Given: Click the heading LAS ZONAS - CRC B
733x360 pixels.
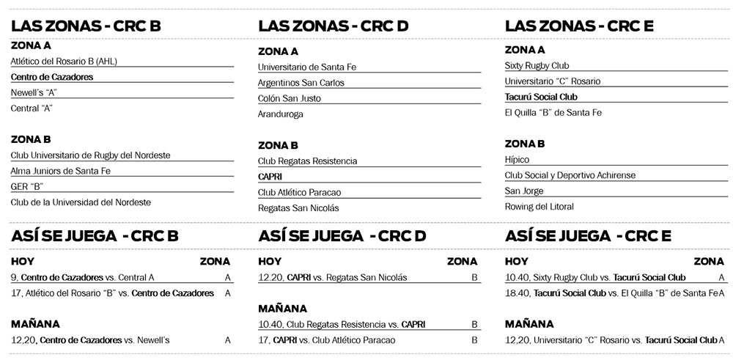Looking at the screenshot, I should point(86,26).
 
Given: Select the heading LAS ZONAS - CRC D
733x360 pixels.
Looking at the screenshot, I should point(333,26).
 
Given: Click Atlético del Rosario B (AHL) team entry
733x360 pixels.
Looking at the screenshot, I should point(64,61).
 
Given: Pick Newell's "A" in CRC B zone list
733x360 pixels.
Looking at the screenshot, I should point(34,92).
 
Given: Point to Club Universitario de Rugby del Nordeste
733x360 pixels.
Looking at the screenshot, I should point(90,155).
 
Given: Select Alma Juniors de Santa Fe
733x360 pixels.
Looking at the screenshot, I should point(60,171).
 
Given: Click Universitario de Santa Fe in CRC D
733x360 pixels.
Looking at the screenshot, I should point(307,67).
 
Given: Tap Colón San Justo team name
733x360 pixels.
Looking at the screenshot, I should point(290,98).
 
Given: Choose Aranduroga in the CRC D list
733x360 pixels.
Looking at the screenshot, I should point(281,114).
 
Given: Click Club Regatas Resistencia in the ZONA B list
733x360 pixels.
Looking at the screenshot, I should point(308,161).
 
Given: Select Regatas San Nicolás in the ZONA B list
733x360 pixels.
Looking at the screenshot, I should point(298,207).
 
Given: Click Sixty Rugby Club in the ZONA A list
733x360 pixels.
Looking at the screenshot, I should point(537,65).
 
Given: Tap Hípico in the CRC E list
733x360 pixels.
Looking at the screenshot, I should point(517,159).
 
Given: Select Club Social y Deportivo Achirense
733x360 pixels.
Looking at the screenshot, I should point(570,175).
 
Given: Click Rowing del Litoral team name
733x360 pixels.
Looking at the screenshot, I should point(539,207).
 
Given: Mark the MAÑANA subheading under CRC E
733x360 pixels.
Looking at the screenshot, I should point(530,323).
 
